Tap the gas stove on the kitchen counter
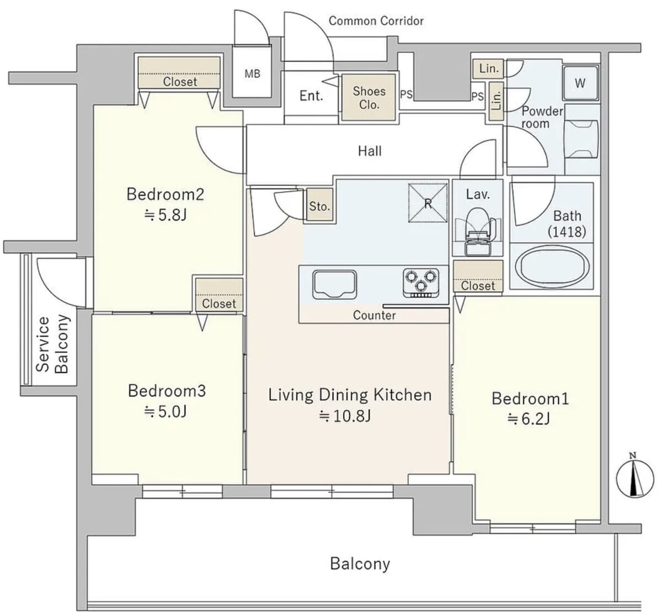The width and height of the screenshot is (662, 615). tap(421, 283)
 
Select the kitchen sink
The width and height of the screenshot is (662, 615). tap(334, 285)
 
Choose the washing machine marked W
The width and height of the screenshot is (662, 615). tap(580, 83)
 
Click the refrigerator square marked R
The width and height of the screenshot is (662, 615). tap(428, 203)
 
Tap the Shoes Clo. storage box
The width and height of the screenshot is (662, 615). tap(369, 97)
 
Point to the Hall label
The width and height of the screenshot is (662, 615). tap(370, 151)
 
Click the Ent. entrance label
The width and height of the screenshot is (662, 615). tap(311, 96)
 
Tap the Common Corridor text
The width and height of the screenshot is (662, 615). tap(376, 20)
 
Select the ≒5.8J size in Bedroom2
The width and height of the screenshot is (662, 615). tap(165, 215)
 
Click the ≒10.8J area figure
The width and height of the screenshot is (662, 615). tap(345, 416)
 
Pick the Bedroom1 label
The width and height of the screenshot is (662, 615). tap(530, 399)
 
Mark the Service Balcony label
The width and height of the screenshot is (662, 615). tap(52, 344)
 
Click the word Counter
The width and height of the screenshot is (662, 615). tap(375, 315)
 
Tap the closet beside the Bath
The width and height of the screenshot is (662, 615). tap(478, 277)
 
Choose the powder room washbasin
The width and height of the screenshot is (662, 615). tap(581, 139)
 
